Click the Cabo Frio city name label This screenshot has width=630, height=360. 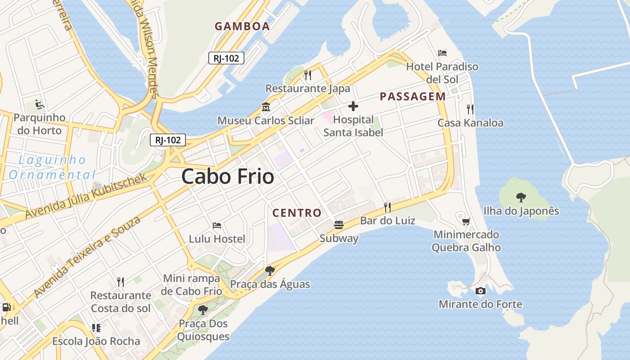pyautogui.click(x=228, y=176)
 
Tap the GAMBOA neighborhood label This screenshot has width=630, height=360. pyautogui.click(x=242, y=26)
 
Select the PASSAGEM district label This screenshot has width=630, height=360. pyautogui.click(x=413, y=96)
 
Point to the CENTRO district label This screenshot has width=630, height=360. pyautogui.click(x=297, y=213)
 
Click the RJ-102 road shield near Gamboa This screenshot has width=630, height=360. pyautogui.click(x=226, y=58)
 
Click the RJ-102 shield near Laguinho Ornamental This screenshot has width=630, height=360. pyautogui.click(x=168, y=140)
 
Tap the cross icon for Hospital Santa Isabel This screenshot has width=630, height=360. pyautogui.click(x=353, y=107)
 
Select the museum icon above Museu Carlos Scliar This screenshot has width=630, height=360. pyautogui.click(x=265, y=108)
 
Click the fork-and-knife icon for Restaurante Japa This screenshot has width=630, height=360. pyautogui.click(x=308, y=75)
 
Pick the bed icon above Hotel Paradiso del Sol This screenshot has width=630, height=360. pyautogui.click(x=442, y=53)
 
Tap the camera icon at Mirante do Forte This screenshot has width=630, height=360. pyautogui.click(x=481, y=291)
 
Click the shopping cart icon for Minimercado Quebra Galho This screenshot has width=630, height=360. pyautogui.click(x=466, y=221)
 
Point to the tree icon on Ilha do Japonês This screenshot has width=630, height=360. pyautogui.click(x=521, y=197)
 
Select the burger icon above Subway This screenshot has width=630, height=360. pyautogui.click(x=339, y=225)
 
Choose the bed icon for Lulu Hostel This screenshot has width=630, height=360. pyautogui.click(x=217, y=225)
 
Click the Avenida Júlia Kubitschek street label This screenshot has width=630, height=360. pyautogui.click(x=86, y=196)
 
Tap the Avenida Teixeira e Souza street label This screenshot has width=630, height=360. pyautogui.click(x=87, y=256)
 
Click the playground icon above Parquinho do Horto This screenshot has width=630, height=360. pyautogui.click(x=40, y=105)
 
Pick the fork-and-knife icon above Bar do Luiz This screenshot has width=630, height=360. pyautogui.click(x=387, y=207)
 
